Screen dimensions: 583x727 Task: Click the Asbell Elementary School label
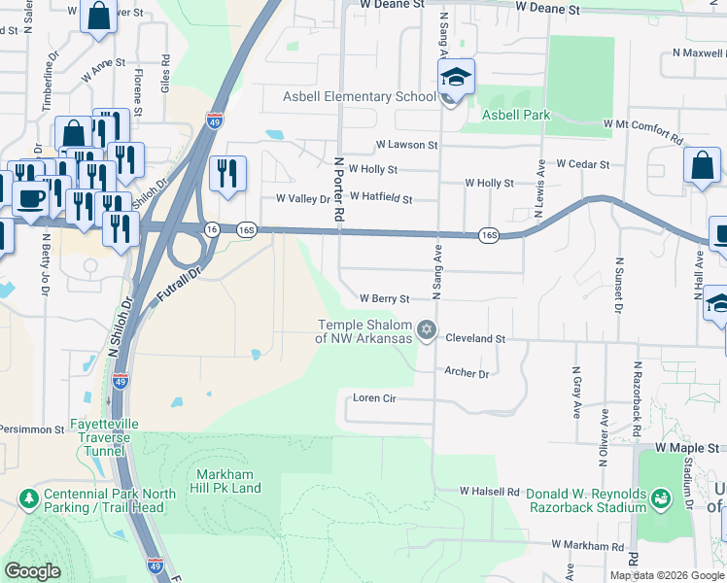pyautogui.click(x=359, y=97)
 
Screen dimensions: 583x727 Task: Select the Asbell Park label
pyautogui.click(x=518, y=115)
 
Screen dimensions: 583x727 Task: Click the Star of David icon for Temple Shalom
pyautogui.click(x=425, y=332)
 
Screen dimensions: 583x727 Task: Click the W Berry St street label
pyautogui.click(x=385, y=299)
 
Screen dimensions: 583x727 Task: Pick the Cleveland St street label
pyautogui.click(x=476, y=339)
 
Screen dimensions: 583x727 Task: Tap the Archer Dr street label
pyautogui.click(x=466, y=372)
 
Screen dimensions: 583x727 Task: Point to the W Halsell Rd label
pyautogui.click(x=490, y=492)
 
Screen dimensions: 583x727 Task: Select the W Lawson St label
pyautogui.click(x=407, y=145)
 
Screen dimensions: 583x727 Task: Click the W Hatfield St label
pyautogui.click(x=380, y=199)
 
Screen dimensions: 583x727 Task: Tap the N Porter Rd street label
pyautogui.click(x=339, y=189)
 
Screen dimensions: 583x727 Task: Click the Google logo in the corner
pyautogui.click(x=33, y=571)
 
